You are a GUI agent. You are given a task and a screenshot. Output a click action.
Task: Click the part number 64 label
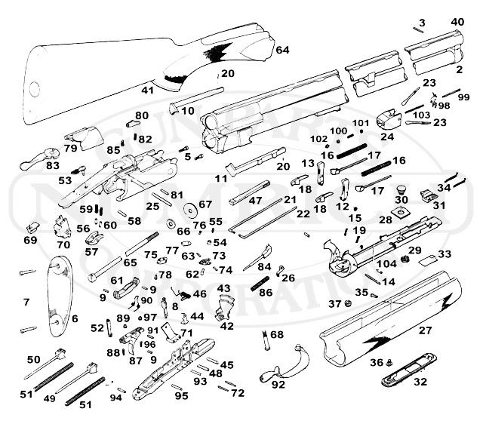(x=282, y=50)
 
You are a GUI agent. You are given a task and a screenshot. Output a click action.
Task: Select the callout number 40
(x=457, y=22)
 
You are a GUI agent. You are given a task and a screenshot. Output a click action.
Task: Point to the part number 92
(x=278, y=385)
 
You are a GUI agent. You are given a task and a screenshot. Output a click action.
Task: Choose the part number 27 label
(x=426, y=331)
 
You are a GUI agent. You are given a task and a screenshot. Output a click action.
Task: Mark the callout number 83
(x=52, y=165)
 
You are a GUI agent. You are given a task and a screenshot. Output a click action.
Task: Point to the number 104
(x=387, y=264)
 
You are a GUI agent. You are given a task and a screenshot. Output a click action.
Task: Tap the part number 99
(x=463, y=97)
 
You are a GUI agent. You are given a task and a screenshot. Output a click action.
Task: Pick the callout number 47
(x=255, y=201)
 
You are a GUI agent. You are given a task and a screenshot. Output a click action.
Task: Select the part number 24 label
(x=387, y=137)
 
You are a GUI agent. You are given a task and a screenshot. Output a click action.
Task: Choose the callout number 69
(x=29, y=240)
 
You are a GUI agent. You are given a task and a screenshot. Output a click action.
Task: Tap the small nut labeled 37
(x=349, y=304)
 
